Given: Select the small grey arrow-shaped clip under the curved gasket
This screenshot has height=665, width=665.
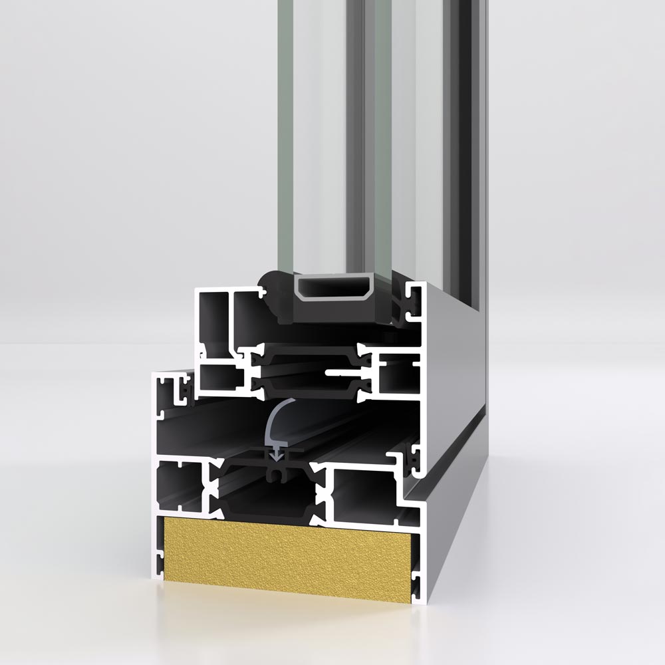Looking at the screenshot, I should coord(275,456).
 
